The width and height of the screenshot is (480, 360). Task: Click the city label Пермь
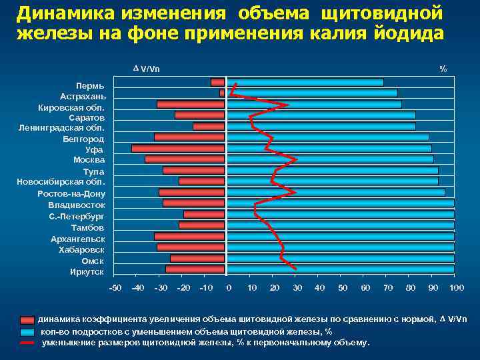pyautogui.click(x=89, y=86)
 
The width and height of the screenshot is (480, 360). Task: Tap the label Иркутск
pyautogui.click(x=87, y=271)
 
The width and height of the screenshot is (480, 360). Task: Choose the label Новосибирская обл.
pyautogui.click(x=61, y=182)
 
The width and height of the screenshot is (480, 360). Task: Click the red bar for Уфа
pyautogui.click(x=178, y=149)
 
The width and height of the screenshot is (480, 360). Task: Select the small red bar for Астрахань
pyautogui.click(x=222, y=93)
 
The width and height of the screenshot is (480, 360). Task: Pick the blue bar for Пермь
pyautogui.click(x=305, y=83)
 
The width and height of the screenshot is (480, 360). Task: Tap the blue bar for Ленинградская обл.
pyautogui.click(x=321, y=127)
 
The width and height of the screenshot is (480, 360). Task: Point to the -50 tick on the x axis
pyautogui.click(x=115, y=287)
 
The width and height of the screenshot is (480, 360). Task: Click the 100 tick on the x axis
pyautogui.click(x=456, y=287)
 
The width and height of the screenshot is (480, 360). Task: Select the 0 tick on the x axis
pyautogui.click(x=229, y=287)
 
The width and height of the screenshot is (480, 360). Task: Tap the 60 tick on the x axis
pyautogui.click(x=365, y=287)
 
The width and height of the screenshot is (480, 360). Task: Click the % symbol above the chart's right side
pyautogui.click(x=443, y=69)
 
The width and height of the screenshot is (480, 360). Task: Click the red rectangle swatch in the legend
pyautogui.click(x=27, y=320)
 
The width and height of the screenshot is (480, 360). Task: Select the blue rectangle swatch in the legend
pyautogui.click(x=27, y=331)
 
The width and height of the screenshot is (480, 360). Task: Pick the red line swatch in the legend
pyautogui.click(x=27, y=343)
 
